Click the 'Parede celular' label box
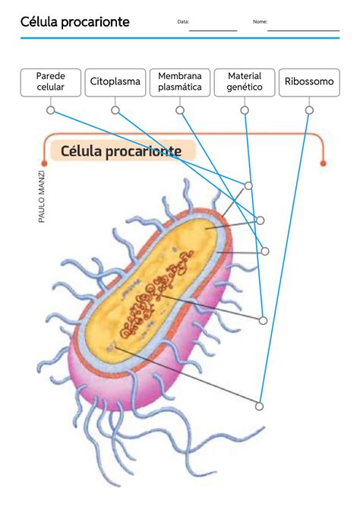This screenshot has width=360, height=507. coord(51,82)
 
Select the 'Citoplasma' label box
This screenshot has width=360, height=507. coord(115,82)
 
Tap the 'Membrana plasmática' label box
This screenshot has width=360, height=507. coord(180,82)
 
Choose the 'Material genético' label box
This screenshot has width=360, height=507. coord(245,82)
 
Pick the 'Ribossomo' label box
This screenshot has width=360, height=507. coord(309,82)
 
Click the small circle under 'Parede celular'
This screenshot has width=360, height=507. coord(51,110)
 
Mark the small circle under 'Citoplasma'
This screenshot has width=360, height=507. coord(115,110)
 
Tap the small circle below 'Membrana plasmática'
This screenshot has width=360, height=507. coord(180,110)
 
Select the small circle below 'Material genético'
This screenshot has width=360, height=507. coord(245,110)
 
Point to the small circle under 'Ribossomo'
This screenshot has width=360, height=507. coord(309,110)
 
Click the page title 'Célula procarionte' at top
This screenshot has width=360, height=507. coord(75,22)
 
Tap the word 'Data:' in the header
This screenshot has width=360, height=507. coord(182,22)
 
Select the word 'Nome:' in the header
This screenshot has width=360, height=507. coord(260,22)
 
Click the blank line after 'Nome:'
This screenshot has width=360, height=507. coord(303,29)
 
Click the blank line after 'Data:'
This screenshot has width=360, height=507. coord(213,29)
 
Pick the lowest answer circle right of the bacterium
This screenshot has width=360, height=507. coord(259,407)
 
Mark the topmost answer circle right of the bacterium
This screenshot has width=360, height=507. coord(248,185)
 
